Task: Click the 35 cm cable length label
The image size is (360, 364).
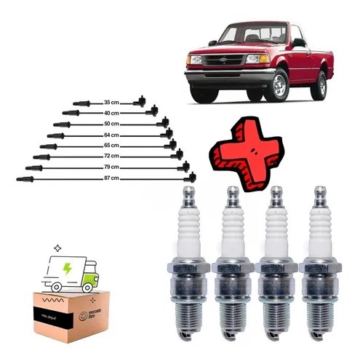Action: [x=111, y=103]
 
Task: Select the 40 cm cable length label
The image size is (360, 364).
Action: [x=111, y=114]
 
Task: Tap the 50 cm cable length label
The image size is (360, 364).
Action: [x=111, y=124]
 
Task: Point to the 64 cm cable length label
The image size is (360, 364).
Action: [x=111, y=135]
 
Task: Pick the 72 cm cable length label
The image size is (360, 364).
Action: [x=111, y=156]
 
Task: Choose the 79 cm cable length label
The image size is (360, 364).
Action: [x=111, y=167]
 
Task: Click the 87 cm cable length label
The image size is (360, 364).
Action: [x=111, y=178]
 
